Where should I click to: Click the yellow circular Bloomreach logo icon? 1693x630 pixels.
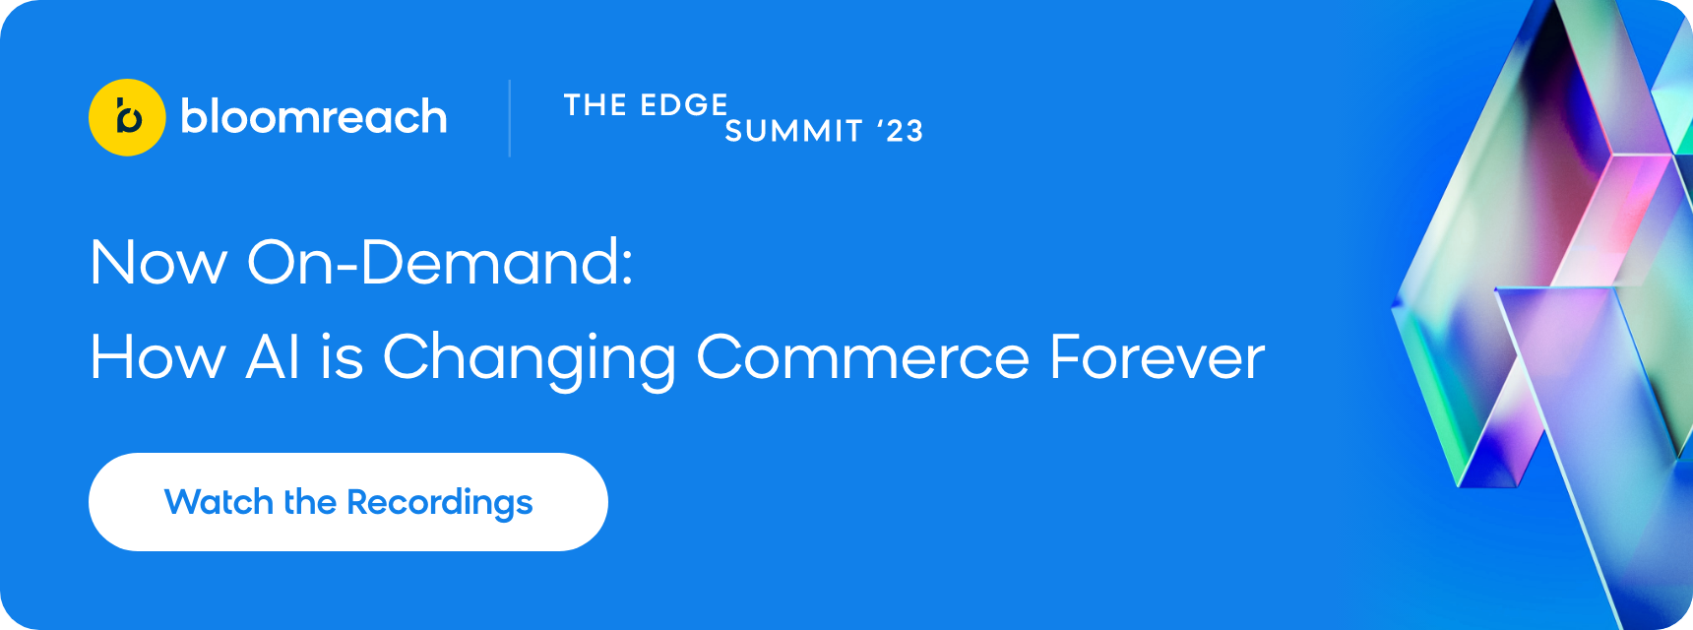[127, 117]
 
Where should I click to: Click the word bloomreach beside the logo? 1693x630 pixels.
[314, 116]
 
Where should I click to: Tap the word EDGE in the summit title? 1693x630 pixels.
[683, 105]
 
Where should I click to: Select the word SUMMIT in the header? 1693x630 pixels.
[793, 131]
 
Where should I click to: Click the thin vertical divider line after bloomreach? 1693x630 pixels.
[510, 118]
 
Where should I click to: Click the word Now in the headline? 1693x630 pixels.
[158, 263]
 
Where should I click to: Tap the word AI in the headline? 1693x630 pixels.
[273, 356]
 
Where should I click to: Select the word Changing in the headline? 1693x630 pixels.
[530, 359]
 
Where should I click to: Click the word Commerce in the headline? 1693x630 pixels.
[863, 356]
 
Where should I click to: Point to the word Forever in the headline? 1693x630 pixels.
[1158, 356]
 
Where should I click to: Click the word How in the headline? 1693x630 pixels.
[157, 356]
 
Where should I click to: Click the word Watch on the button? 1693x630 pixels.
[219, 502]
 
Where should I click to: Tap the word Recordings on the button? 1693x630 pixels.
[440, 504]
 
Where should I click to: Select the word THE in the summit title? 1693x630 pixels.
[596, 105]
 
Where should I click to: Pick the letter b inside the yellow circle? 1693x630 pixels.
[129, 116]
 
